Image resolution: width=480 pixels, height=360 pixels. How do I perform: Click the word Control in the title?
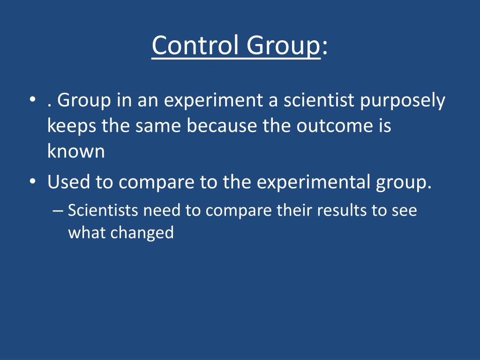click(x=193, y=46)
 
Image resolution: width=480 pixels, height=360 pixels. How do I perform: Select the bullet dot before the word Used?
click(x=31, y=182)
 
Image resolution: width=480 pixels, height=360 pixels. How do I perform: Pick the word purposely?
click(x=403, y=102)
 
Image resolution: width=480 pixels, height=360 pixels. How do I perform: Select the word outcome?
click(x=333, y=127)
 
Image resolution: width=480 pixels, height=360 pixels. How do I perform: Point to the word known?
click(x=76, y=151)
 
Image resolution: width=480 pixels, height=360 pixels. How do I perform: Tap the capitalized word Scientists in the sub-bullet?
click(x=103, y=210)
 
